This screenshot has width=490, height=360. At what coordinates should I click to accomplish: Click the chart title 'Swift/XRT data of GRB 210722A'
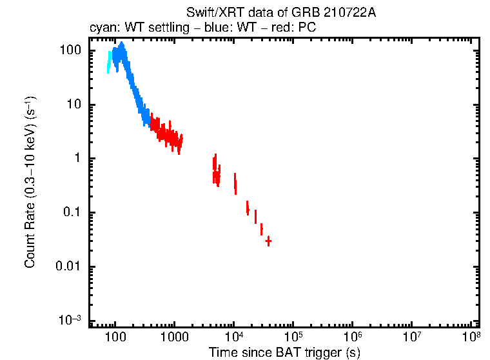pyautogui.click(x=281, y=13)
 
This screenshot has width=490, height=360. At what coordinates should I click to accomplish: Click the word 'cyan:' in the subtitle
pyautogui.click(x=102, y=28)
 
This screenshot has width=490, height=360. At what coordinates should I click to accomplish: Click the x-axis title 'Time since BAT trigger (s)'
pyautogui.click(x=284, y=352)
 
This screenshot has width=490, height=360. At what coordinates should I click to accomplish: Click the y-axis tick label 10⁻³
pyautogui.click(x=70, y=321)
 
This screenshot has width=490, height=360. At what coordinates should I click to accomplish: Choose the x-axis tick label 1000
pyautogui.click(x=174, y=337)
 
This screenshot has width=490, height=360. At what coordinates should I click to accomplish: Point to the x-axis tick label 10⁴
pyautogui.click(x=234, y=337)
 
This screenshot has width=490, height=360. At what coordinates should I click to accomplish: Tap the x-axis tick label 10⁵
pyautogui.click(x=293, y=337)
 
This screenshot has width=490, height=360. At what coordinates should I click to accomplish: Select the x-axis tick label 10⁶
pyautogui.click(x=353, y=337)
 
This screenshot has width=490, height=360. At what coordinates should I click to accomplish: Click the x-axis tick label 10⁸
pyautogui.click(x=472, y=337)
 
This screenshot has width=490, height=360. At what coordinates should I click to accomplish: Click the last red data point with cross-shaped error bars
pyautogui.click(x=268, y=241)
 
